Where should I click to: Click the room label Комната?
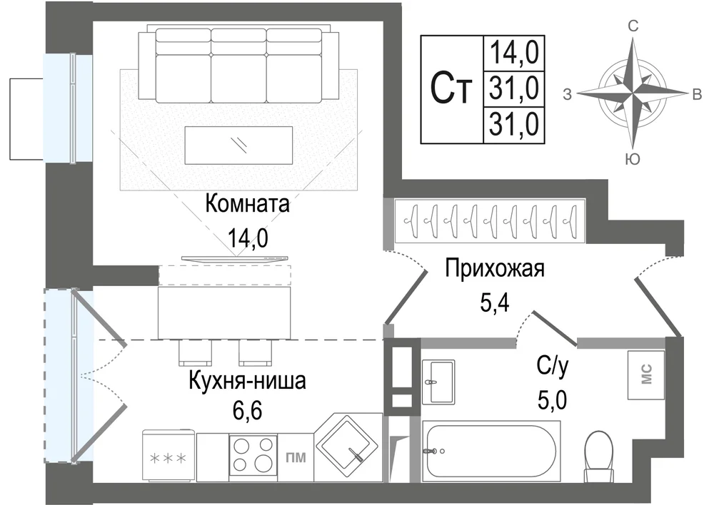247,205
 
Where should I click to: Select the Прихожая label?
495,269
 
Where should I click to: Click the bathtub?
491,450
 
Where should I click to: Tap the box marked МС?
646,375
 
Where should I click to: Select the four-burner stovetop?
252,453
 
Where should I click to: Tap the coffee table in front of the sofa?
238,145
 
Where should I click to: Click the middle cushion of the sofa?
238,68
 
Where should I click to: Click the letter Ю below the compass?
632,159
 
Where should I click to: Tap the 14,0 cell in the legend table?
513,52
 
